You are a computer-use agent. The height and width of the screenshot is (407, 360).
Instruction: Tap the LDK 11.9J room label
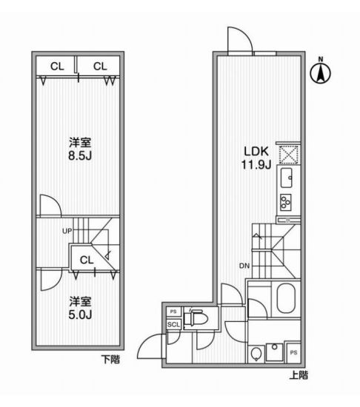click(x=256, y=158)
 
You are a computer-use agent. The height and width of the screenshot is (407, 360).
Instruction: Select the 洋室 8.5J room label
click(x=80, y=149)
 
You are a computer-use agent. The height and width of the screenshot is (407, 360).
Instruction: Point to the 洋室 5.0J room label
click(x=80, y=308)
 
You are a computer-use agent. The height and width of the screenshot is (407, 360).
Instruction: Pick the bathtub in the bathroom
click(x=286, y=298)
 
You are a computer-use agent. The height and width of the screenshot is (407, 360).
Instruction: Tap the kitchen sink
click(x=286, y=178)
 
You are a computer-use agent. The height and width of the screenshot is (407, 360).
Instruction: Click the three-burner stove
click(x=286, y=203)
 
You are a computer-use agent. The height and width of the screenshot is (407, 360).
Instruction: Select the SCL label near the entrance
click(x=173, y=324)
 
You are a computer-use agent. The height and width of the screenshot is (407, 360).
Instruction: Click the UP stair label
click(x=67, y=231)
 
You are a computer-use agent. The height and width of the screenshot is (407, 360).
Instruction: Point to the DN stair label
click(x=244, y=266)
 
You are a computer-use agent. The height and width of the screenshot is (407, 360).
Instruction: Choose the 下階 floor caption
click(x=110, y=360)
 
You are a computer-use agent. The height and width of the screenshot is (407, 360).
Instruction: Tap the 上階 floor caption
click(x=299, y=375)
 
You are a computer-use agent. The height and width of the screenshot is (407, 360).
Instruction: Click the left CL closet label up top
click(x=57, y=67)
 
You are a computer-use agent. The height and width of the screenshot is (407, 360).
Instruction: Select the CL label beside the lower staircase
click(x=87, y=260)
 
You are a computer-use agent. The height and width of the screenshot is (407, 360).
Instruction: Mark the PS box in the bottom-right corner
click(x=293, y=352)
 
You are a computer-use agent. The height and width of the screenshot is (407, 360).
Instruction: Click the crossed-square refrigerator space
click(x=289, y=155)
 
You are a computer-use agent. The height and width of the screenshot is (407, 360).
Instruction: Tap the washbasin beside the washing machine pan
click(x=256, y=354)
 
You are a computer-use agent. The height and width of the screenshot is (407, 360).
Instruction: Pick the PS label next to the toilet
click(x=173, y=312)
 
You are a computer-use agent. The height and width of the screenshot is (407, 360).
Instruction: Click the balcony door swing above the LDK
click(x=240, y=40)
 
